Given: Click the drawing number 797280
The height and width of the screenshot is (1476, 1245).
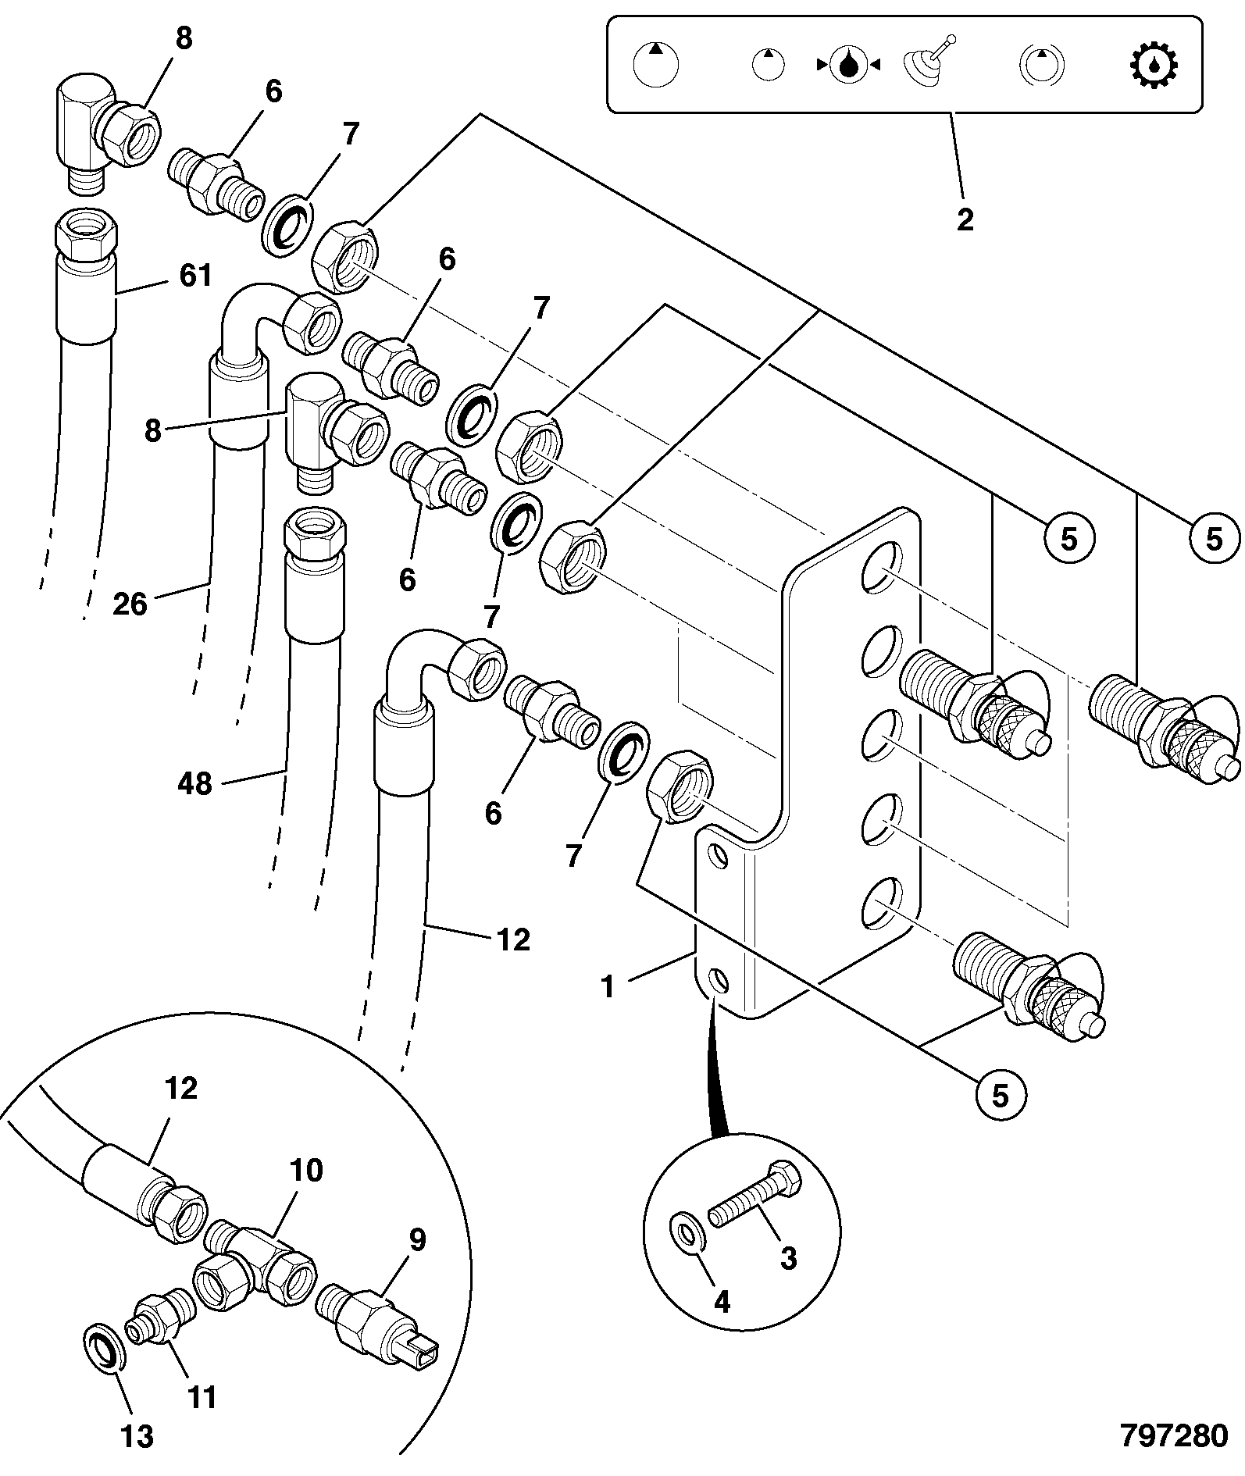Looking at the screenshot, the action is pyautogui.click(x=1174, y=1435).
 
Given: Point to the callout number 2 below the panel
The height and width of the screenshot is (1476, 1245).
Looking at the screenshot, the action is pyautogui.click(x=965, y=219).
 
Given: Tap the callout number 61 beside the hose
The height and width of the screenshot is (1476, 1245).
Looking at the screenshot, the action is pyautogui.click(x=195, y=275).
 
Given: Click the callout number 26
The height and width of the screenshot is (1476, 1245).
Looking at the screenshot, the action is pyautogui.click(x=130, y=604).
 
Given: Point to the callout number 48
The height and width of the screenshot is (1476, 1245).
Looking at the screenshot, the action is pyautogui.click(x=194, y=783).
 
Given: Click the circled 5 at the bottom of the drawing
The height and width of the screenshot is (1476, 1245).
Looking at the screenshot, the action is pyautogui.click(x=1001, y=1095).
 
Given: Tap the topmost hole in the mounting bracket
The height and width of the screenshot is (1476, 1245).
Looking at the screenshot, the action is pyautogui.click(x=881, y=566).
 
